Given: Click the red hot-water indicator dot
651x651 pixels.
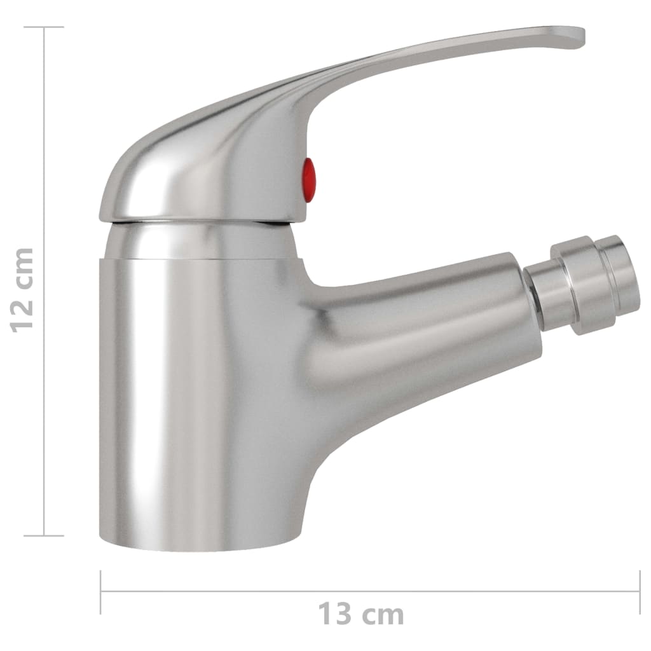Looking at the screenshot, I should [x=308, y=181].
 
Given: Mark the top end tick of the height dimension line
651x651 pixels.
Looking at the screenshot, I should [x=44, y=27].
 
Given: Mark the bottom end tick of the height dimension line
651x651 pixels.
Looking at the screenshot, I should [x=44, y=535].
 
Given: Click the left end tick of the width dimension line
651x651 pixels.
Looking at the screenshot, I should [x=101, y=591].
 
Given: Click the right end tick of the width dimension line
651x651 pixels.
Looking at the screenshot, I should [x=638, y=591].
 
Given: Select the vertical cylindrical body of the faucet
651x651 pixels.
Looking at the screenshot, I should [x=191, y=381].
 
